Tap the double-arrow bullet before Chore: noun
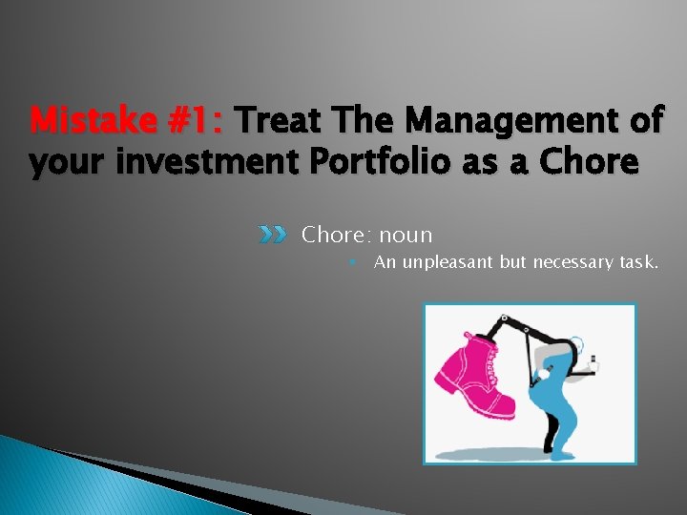coord(273,235)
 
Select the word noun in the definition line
coord(405,235)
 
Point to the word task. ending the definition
coord(637,262)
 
